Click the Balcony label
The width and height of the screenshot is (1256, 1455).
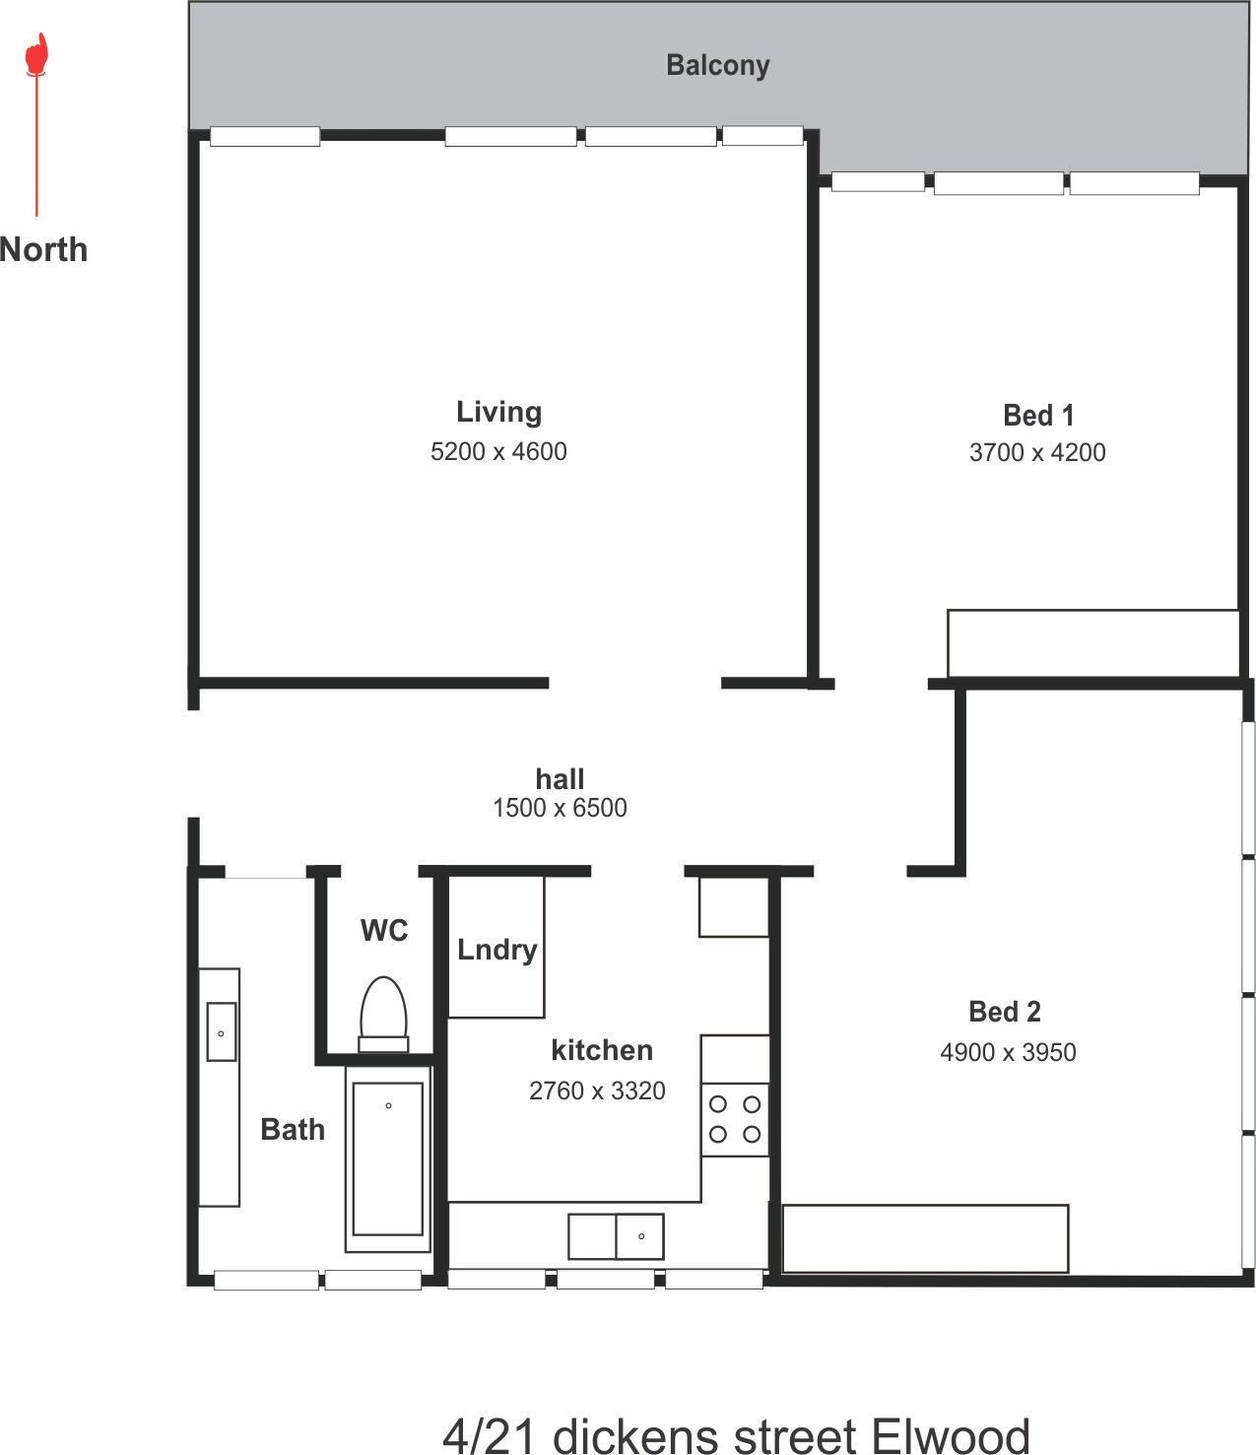(717, 65)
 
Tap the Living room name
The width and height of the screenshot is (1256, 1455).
(498, 412)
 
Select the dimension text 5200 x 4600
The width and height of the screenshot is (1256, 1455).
(498, 451)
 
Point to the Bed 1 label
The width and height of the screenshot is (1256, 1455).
(1037, 416)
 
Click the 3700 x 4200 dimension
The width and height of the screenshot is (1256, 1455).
(1037, 452)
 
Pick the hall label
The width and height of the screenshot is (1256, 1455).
(560, 779)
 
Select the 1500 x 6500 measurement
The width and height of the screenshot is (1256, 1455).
(560, 808)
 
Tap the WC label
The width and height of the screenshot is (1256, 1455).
(384, 930)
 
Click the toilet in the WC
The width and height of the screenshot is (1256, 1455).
(383, 1013)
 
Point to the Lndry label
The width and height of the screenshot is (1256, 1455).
(497, 950)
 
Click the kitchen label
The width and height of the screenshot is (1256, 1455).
(602, 1050)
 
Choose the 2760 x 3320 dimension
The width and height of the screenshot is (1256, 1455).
(597, 1091)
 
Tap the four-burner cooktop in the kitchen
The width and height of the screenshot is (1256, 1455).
(735, 1119)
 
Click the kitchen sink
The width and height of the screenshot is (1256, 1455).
(616, 1236)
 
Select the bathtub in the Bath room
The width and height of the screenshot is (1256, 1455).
(388, 1159)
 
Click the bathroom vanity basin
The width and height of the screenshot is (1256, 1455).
(221, 1032)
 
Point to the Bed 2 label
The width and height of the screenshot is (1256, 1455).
(1005, 1012)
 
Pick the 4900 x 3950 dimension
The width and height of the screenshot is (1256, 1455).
(1008, 1052)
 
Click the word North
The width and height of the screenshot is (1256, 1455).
(44, 249)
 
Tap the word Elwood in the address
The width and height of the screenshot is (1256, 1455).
(951, 1435)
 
